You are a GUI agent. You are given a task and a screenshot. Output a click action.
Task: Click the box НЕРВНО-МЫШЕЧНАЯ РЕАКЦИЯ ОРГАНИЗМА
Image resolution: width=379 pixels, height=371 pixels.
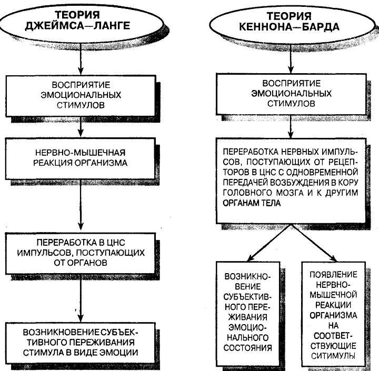click(80, 158)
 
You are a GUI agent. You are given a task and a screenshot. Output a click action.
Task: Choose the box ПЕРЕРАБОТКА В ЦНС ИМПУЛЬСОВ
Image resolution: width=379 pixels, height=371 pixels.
click(80, 253)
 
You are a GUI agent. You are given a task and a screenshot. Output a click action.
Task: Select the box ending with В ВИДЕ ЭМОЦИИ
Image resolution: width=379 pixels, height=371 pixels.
click(80, 343)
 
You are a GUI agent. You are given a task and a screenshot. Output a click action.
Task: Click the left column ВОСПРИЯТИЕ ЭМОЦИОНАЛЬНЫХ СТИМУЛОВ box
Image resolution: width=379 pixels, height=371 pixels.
click(80, 95)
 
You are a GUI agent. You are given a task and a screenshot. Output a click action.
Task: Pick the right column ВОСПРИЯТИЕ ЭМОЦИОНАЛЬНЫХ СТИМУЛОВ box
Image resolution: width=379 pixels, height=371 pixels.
click(291, 94)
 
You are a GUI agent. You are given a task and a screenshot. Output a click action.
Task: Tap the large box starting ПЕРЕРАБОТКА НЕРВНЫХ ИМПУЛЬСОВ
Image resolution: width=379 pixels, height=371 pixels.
click(291, 181)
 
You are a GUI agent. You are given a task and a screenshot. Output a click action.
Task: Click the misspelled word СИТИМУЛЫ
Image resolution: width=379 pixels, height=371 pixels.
click(333, 356)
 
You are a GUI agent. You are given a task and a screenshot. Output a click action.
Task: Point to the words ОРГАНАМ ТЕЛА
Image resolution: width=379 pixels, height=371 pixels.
click(252, 203)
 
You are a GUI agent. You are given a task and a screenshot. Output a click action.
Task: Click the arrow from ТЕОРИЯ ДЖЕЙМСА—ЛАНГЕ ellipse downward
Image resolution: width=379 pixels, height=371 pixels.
click(81, 59)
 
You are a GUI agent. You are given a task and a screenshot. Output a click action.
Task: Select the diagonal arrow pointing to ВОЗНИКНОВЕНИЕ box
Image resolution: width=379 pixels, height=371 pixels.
click(270, 243)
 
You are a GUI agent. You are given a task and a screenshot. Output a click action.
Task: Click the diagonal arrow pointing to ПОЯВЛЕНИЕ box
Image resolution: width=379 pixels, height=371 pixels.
click(314, 243)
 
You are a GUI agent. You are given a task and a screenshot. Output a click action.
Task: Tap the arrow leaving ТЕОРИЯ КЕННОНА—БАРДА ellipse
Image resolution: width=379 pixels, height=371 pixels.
click(291, 58)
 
